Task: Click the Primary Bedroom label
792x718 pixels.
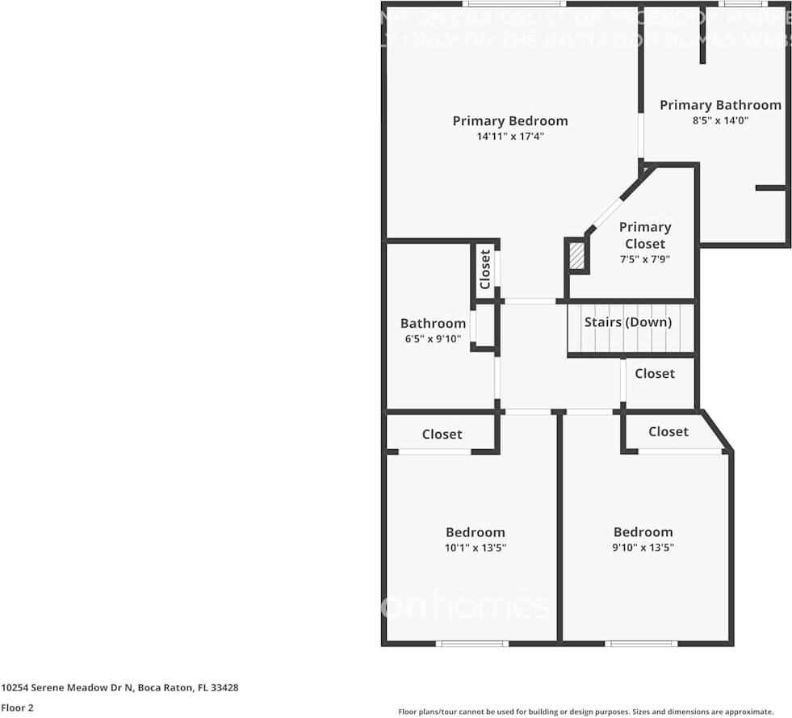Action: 509,121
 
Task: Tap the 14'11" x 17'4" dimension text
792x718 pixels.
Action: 509,137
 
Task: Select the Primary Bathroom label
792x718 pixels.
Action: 720,105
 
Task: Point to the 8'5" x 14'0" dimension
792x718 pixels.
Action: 720,120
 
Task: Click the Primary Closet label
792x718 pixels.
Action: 644,235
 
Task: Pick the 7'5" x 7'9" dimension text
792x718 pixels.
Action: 644,259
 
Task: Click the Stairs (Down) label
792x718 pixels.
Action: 628,322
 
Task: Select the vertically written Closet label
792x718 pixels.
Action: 484,269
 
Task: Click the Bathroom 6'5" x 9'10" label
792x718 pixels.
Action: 433,330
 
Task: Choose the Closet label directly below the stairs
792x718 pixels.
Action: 654,373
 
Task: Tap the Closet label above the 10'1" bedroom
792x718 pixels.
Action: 442,435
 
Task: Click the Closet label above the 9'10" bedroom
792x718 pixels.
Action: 668,431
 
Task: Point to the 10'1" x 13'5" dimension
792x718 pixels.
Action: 475,548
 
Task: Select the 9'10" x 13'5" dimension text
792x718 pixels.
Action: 643,548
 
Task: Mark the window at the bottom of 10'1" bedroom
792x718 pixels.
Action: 471,644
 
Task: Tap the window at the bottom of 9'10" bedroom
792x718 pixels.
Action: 641,644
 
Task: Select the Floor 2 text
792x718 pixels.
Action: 17,708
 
